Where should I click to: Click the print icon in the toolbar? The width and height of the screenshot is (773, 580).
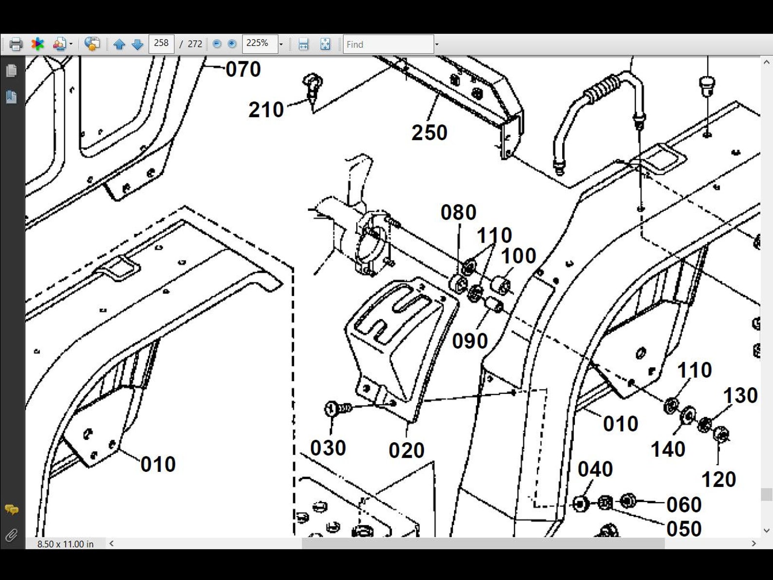point(16,44)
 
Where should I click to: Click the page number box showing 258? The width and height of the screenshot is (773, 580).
point(161,44)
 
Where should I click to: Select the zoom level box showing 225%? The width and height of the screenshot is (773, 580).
point(259,44)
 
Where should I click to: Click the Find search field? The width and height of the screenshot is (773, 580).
point(387,44)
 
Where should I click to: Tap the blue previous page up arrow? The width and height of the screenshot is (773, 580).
point(119,45)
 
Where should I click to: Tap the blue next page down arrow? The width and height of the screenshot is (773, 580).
point(138,45)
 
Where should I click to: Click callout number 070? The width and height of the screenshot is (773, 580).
point(243,70)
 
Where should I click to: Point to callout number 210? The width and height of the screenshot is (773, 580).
point(266,110)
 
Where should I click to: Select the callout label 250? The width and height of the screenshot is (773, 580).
point(429,133)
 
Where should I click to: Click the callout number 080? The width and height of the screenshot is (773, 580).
point(458,213)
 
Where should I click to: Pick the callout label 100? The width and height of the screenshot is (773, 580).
point(518,256)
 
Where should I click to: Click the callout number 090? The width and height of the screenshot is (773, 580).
point(470,341)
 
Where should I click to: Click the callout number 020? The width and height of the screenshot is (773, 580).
point(406,450)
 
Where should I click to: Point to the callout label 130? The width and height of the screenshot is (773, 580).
point(740,396)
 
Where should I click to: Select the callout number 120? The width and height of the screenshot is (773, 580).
point(718,480)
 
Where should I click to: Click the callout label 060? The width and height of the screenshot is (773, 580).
point(684,505)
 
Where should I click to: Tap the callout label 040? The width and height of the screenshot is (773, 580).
point(595,470)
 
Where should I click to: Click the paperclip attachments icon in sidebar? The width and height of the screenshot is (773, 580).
point(11,536)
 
